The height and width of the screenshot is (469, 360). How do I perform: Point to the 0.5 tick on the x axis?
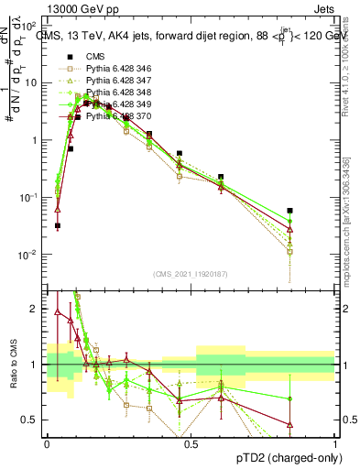tap(191, 442)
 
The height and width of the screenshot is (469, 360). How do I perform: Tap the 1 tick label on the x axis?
tap(334, 442)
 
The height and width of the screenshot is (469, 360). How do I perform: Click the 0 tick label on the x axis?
tap(47, 442)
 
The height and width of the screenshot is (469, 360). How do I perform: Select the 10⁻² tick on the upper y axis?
tap(33, 254)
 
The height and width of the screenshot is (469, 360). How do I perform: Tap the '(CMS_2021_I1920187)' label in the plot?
tap(191, 273)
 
